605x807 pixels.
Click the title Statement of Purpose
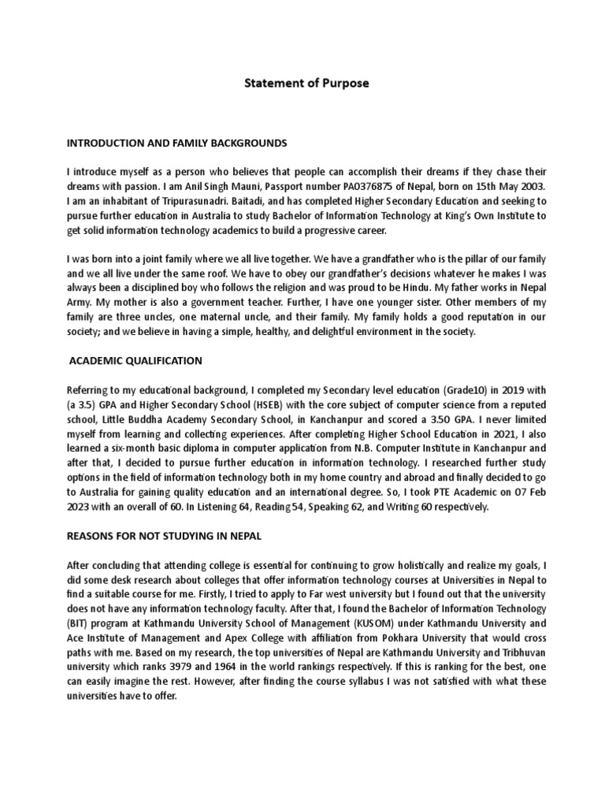302,83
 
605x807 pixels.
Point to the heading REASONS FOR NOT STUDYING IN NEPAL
164,536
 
